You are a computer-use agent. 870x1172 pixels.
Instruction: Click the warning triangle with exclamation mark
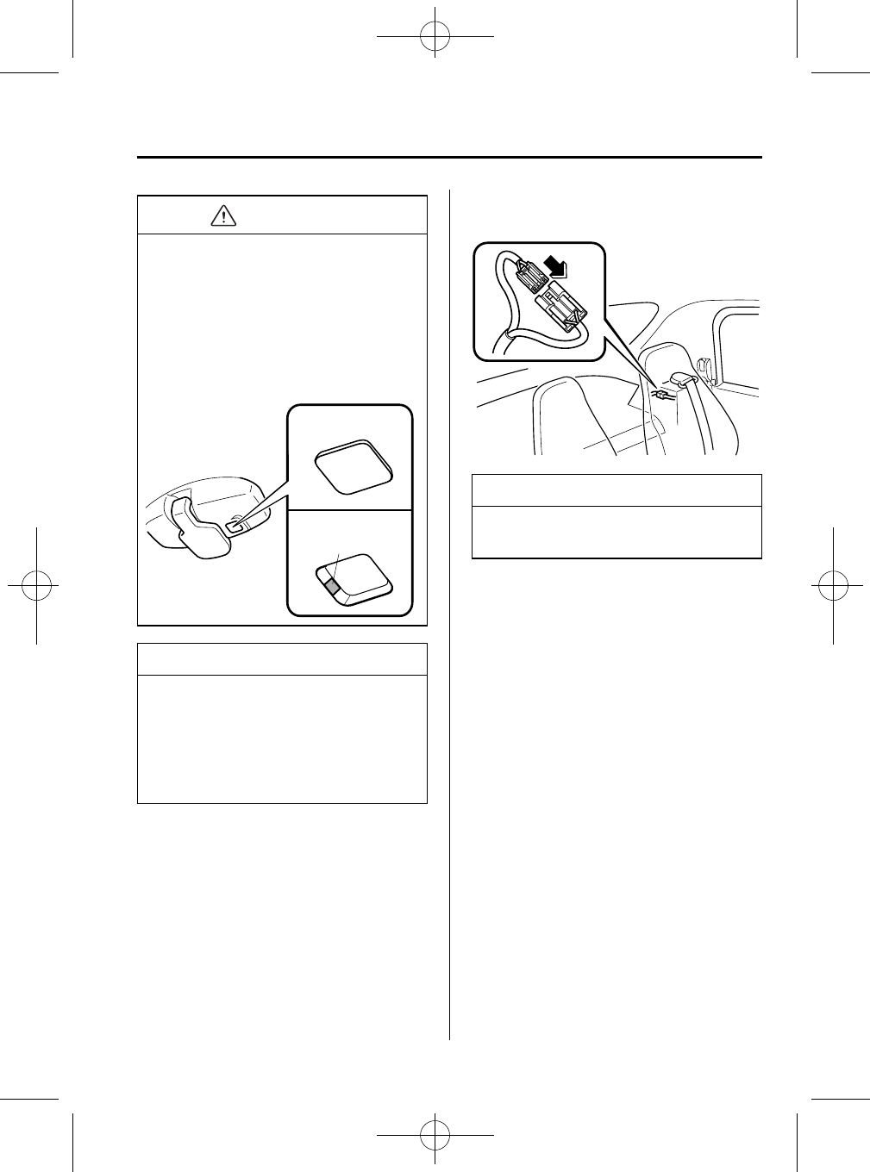pos(223,215)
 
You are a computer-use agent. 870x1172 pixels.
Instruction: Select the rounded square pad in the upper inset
pos(354,469)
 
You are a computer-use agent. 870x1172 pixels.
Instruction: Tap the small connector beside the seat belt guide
pos(662,395)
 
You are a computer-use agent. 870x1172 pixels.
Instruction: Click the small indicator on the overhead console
pos(235,522)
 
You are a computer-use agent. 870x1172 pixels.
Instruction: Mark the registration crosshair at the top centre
pos(435,36)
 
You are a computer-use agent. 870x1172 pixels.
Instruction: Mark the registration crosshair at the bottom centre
pos(435,1135)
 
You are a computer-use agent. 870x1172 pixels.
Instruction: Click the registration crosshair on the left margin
pos(36,586)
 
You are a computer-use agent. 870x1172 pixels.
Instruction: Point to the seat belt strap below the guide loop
pos(698,422)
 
